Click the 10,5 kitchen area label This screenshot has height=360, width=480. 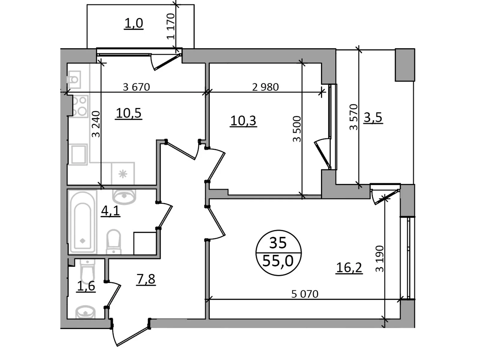point(129,113)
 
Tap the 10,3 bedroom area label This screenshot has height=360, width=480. point(243,121)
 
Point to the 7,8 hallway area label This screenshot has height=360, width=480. point(145,279)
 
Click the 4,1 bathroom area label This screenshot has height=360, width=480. point(110,211)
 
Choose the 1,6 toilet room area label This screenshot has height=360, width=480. point(86,286)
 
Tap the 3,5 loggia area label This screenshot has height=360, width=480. point(373,117)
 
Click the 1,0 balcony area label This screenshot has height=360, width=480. point(133,23)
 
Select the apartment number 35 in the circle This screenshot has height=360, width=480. point(278,243)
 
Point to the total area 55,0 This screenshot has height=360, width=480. point(278,260)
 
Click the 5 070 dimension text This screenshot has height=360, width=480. point(305,294)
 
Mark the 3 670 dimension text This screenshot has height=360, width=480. point(136,87)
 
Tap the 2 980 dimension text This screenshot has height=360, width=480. point(265,87)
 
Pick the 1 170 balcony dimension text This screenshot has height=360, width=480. point(171,26)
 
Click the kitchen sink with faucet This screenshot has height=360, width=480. point(74,79)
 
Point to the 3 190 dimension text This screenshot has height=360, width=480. point(379,259)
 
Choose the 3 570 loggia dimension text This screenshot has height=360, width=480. point(354,117)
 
